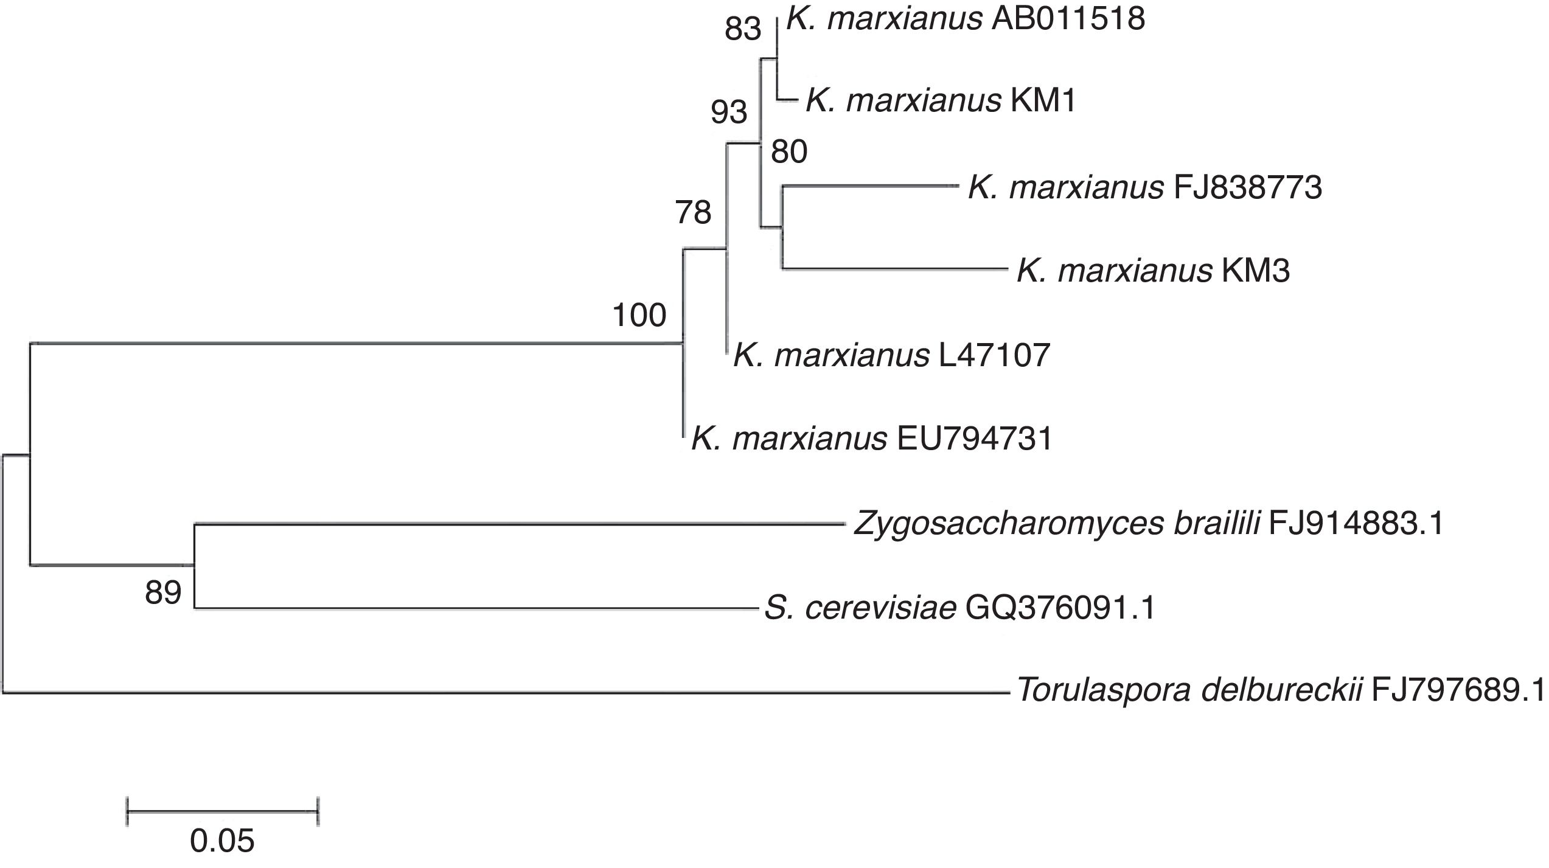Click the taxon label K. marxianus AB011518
[x=966, y=19]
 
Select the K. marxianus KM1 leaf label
[x=941, y=101]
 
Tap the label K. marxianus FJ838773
[x=1144, y=187]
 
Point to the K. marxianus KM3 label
[x=1153, y=271]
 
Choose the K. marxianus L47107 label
[x=892, y=355]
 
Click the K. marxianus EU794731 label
[x=872, y=439]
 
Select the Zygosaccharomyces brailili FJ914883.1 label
[x=1149, y=524]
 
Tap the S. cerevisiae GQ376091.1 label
[x=959, y=608]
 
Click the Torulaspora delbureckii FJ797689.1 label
[x=1280, y=691]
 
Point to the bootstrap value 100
[x=639, y=316]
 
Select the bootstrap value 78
[x=693, y=213]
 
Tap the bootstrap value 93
[x=729, y=113]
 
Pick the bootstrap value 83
[x=743, y=29]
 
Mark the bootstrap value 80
[x=789, y=151]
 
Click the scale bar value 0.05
[x=222, y=841]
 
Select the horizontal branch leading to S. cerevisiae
[x=475, y=608]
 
